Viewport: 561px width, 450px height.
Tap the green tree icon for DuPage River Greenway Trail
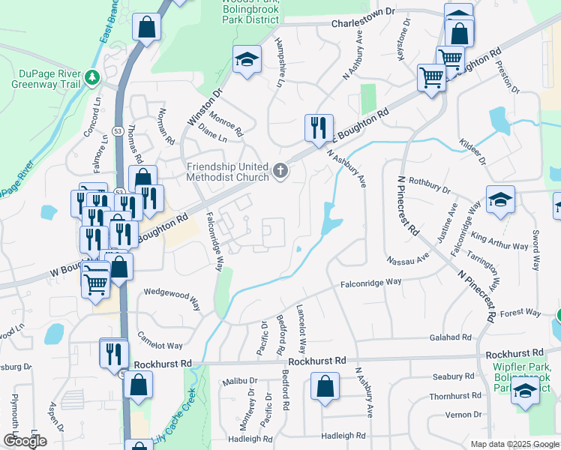pyautogui.click(x=92, y=76)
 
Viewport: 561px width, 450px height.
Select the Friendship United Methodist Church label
pyautogui.click(x=228, y=172)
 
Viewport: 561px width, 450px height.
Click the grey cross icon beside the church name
pyautogui.click(x=281, y=172)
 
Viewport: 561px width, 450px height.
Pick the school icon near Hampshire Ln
pyautogui.click(x=245, y=59)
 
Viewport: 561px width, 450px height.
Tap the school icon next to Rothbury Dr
pyautogui.click(x=500, y=199)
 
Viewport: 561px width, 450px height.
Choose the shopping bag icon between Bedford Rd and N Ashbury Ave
pyautogui.click(x=325, y=388)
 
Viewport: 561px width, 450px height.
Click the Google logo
pyautogui.click(x=25, y=441)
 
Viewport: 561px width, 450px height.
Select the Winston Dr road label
pyautogui.click(x=204, y=108)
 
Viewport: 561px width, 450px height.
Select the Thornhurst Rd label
pyautogui.click(x=454, y=396)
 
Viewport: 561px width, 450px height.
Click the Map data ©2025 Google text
pyautogui.click(x=514, y=444)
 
